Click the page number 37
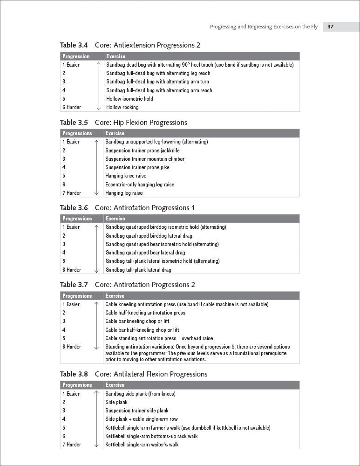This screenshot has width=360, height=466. click(x=330, y=27)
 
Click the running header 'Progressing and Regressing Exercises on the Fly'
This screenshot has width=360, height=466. click(x=264, y=27)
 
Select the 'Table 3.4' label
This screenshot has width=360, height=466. click(x=74, y=45)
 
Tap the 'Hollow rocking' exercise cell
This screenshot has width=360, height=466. click(x=122, y=107)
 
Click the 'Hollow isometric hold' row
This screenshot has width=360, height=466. click(x=129, y=99)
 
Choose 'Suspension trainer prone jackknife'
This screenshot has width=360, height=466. click(x=142, y=151)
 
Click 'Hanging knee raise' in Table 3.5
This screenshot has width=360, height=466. click(x=126, y=176)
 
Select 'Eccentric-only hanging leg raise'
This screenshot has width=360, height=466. click(x=140, y=185)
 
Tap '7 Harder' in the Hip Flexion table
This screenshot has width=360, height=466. click(x=72, y=193)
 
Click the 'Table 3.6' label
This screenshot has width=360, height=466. click(x=74, y=208)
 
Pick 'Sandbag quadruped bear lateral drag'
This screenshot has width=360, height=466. click(x=145, y=253)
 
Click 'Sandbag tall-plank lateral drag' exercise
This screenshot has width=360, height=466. click(x=139, y=270)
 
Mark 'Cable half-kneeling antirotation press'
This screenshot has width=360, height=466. click(x=145, y=313)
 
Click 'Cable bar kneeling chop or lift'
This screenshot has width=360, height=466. click(x=137, y=321)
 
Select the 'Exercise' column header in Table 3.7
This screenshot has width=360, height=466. click(x=115, y=296)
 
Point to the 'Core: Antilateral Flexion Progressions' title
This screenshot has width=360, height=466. click(x=151, y=374)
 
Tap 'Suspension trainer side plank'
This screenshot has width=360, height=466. click(x=137, y=411)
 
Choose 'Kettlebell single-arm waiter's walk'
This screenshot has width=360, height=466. click(x=142, y=445)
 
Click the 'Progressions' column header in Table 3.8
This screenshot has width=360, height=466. click(x=77, y=385)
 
